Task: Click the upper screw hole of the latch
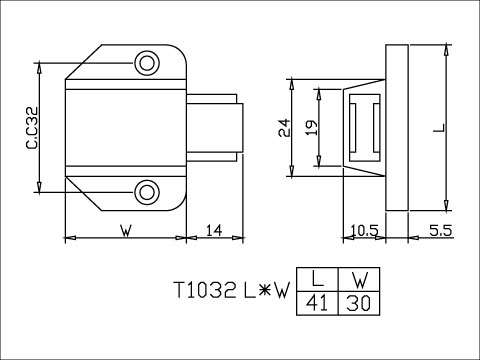tap(148, 63)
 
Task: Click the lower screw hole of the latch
tap(148, 189)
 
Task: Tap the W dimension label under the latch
tap(125, 231)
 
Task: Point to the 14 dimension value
tap(213, 231)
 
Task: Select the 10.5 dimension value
tap(364, 231)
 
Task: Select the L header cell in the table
tap(318, 280)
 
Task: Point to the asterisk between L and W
tap(262, 291)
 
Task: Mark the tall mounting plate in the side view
tap(398, 127)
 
